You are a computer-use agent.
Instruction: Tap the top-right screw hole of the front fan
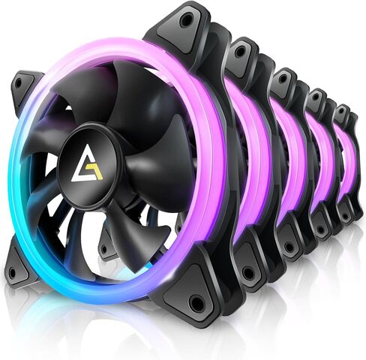click(x=186, y=22)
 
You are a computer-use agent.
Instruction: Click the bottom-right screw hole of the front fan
click(x=197, y=302)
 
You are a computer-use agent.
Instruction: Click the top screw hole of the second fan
click(x=240, y=52)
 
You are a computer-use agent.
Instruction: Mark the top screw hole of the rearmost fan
click(x=342, y=111)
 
